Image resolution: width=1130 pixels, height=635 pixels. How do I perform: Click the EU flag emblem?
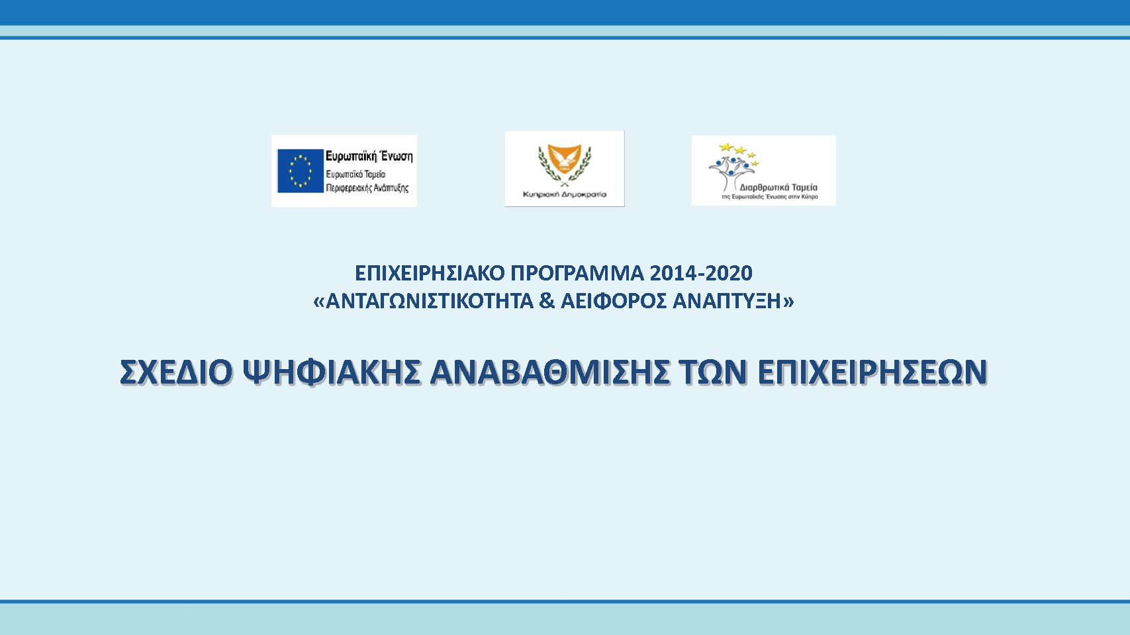pyautogui.click(x=300, y=171)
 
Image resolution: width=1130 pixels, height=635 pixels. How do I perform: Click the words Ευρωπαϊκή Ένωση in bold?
pyautogui.click(x=369, y=156)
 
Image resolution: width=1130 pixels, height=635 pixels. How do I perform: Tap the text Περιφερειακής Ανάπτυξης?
pyautogui.click(x=367, y=188)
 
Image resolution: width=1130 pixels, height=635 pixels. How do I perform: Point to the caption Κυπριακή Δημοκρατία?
pyautogui.click(x=565, y=194)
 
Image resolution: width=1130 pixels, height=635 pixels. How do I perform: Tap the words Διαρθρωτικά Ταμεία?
pyautogui.click(x=778, y=187)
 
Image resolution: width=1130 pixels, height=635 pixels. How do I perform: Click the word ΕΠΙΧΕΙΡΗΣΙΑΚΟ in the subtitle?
pyautogui.click(x=430, y=274)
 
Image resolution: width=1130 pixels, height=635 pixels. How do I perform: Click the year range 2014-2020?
pyautogui.click(x=701, y=274)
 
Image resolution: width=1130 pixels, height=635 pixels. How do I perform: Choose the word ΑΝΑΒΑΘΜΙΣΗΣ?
pyautogui.click(x=550, y=372)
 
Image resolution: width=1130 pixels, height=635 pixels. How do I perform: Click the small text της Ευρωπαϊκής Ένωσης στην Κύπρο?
pyautogui.click(x=770, y=198)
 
